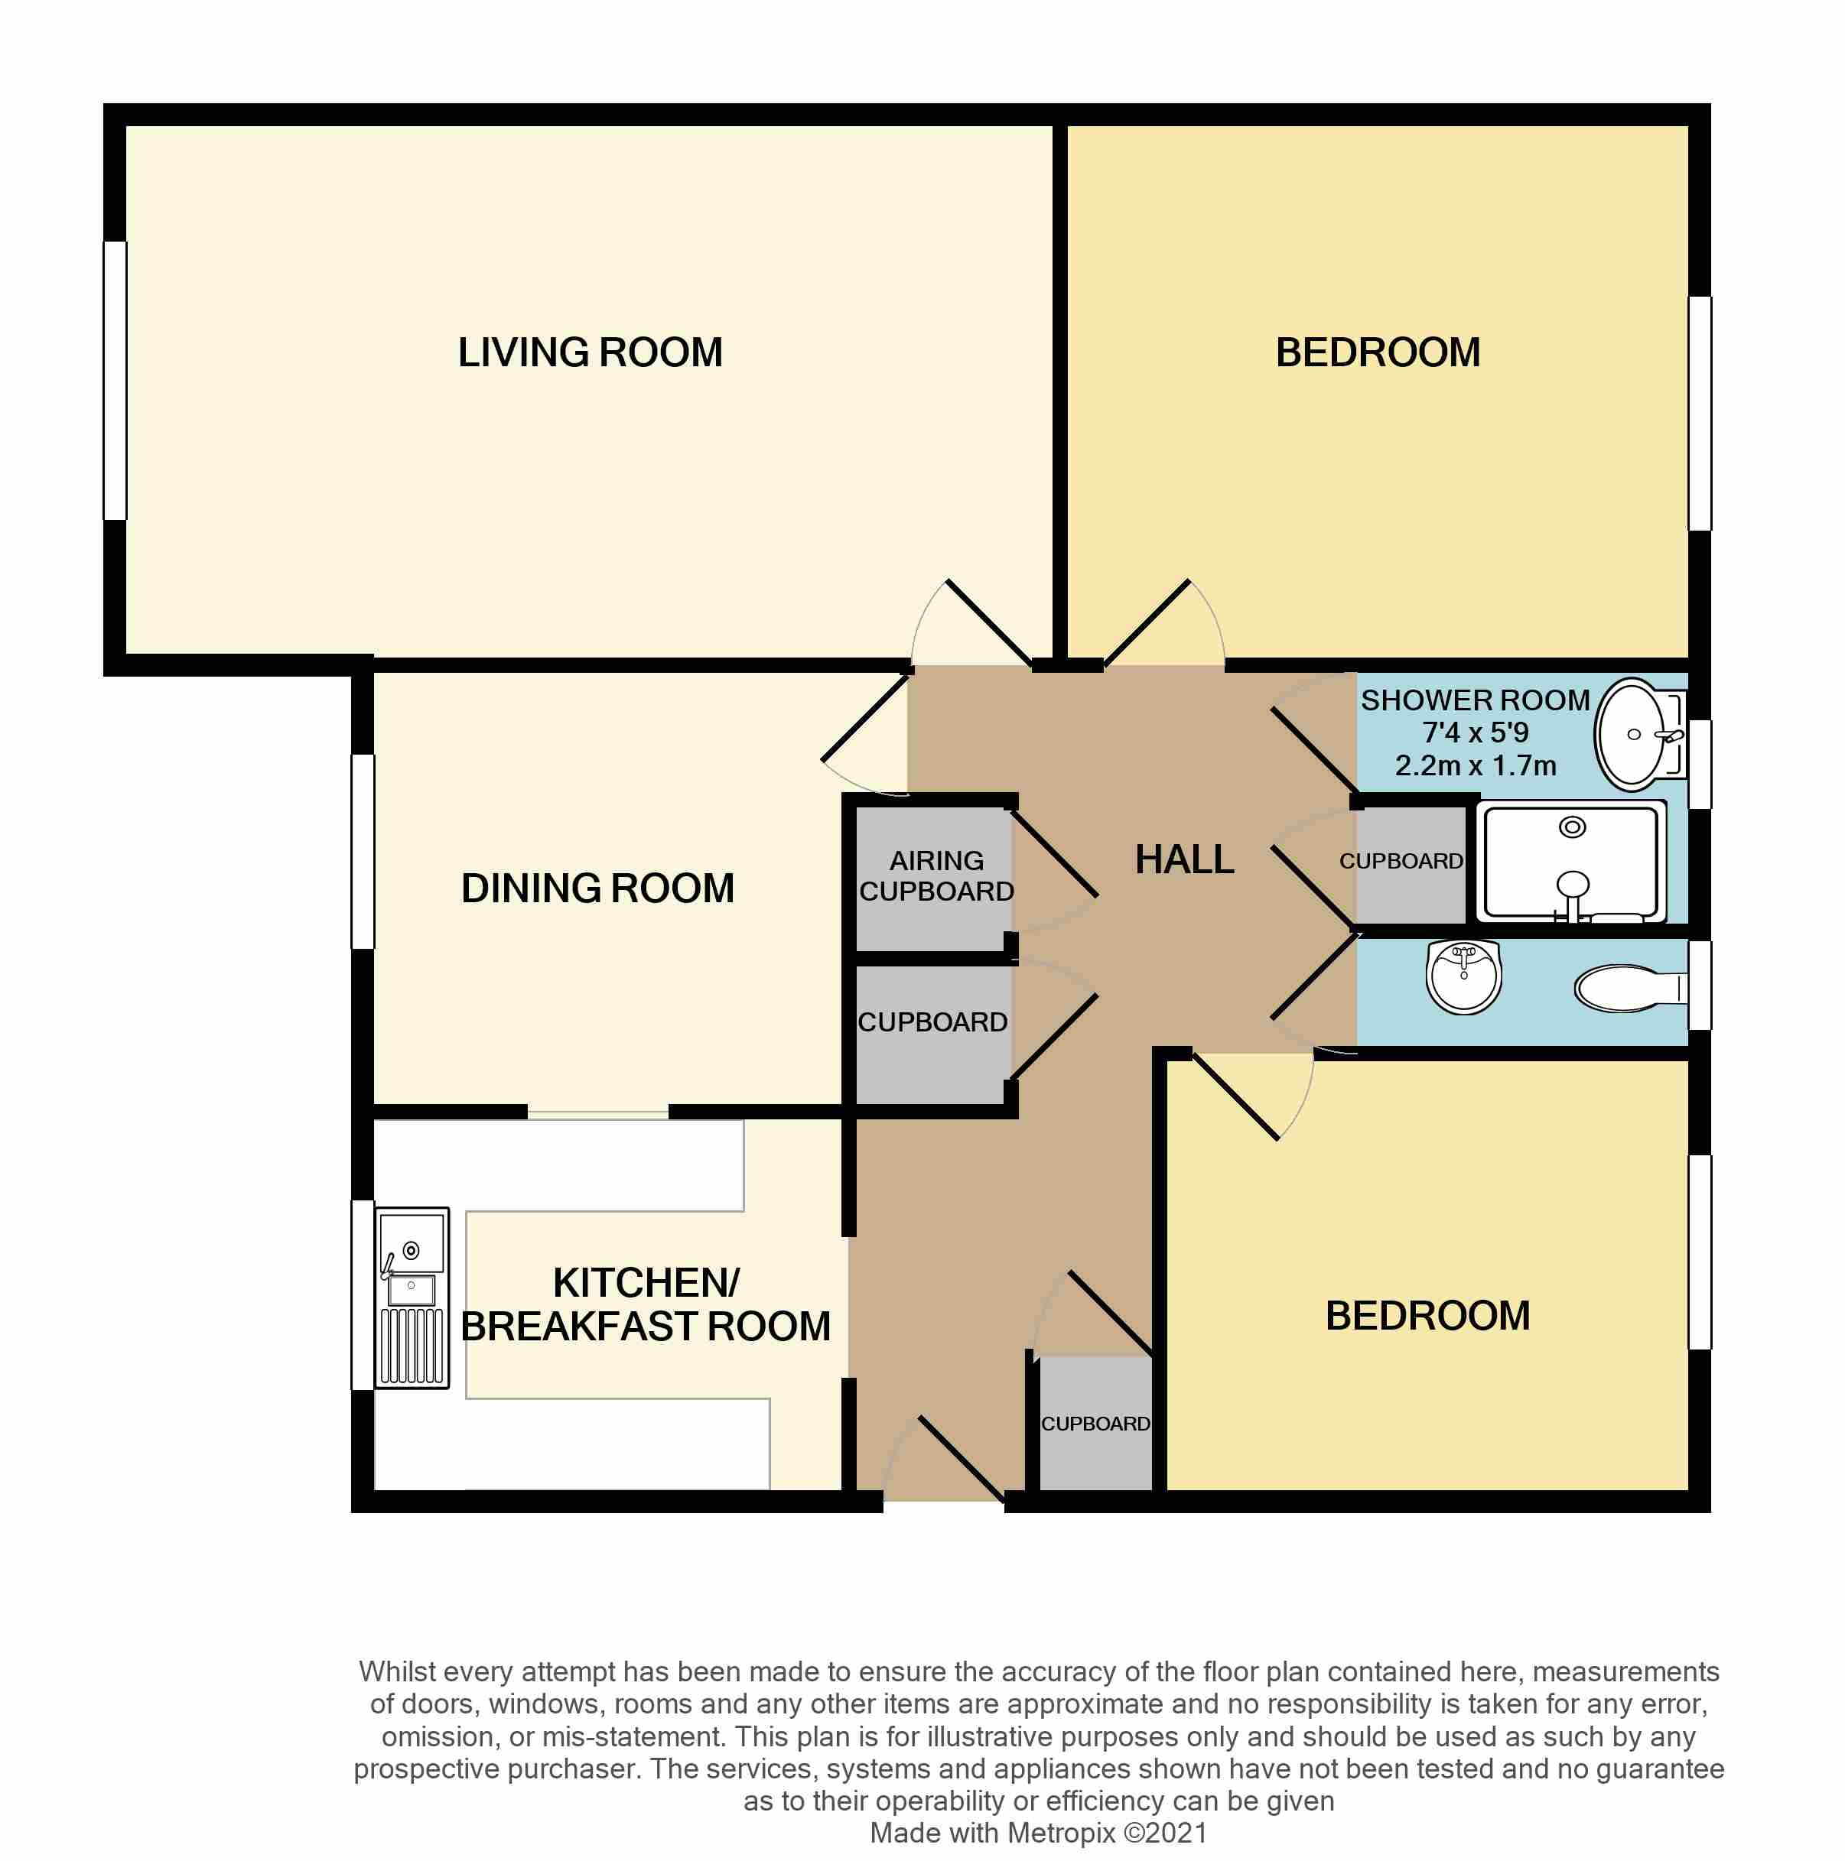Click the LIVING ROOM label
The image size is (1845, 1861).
pos(590,352)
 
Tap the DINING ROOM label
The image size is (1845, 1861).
pos(597,888)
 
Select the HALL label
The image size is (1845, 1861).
pos(1184,859)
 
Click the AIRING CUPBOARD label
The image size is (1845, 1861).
pos(936,875)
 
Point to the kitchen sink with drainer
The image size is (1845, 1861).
pos(412,1298)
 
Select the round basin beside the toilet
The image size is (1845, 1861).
pos(1463,978)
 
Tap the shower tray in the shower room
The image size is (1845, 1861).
pos(1573,862)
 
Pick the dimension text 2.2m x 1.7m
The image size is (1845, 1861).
pos(1475,766)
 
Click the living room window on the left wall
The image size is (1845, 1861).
pos(115,381)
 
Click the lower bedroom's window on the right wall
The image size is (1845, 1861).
pos(1700,1252)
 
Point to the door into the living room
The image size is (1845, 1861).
pos(988,622)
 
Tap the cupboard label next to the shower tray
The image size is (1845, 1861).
pos(1400,861)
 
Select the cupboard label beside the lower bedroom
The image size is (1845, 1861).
pos(1095,1424)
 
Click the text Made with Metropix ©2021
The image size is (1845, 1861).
pos(1038,1833)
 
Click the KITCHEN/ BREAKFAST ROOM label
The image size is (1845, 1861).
pos(646,1304)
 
